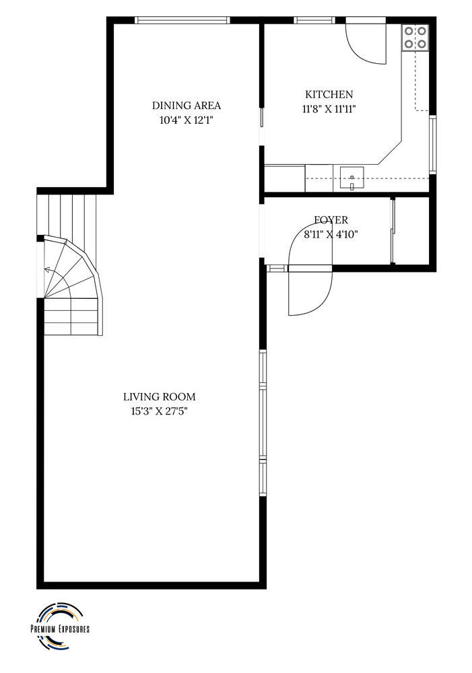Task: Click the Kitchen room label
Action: pyautogui.click(x=329, y=94)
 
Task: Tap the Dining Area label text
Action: pyautogui.click(x=187, y=106)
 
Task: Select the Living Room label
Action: pyautogui.click(x=160, y=397)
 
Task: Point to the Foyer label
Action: pyautogui.click(x=331, y=220)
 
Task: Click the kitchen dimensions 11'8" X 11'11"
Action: pyautogui.click(x=329, y=109)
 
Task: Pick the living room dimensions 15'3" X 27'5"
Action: pyautogui.click(x=160, y=412)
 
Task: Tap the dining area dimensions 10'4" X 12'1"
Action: pyautogui.click(x=187, y=120)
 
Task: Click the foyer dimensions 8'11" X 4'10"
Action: pyautogui.click(x=331, y=234)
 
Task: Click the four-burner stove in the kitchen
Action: pyautogui.click(x=415, y=37)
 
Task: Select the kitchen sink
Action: pyautogui.click(x=351, y=178)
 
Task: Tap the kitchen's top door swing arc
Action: pyautogui.click(x=366, y=52)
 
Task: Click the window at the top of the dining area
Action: pyautogui.click(x=182, y=20)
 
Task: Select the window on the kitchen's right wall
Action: pyautogui.click(x=433, y=144)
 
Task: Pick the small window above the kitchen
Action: pyautogui.click(x=314, y=20)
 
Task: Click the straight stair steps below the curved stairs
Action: pyautogui.click(x=71, y=316)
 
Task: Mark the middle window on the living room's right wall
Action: pyautogui.click(x=263, y=423)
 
